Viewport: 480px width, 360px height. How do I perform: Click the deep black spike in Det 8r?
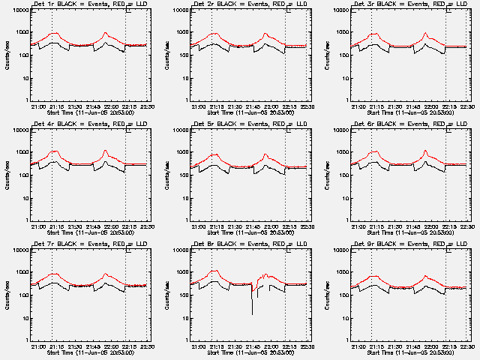click(x=252, y=304)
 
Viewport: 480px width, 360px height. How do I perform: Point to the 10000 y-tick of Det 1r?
click(x=20, y=10)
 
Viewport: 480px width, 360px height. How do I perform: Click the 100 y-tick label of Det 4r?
click(x=22, y=175)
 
